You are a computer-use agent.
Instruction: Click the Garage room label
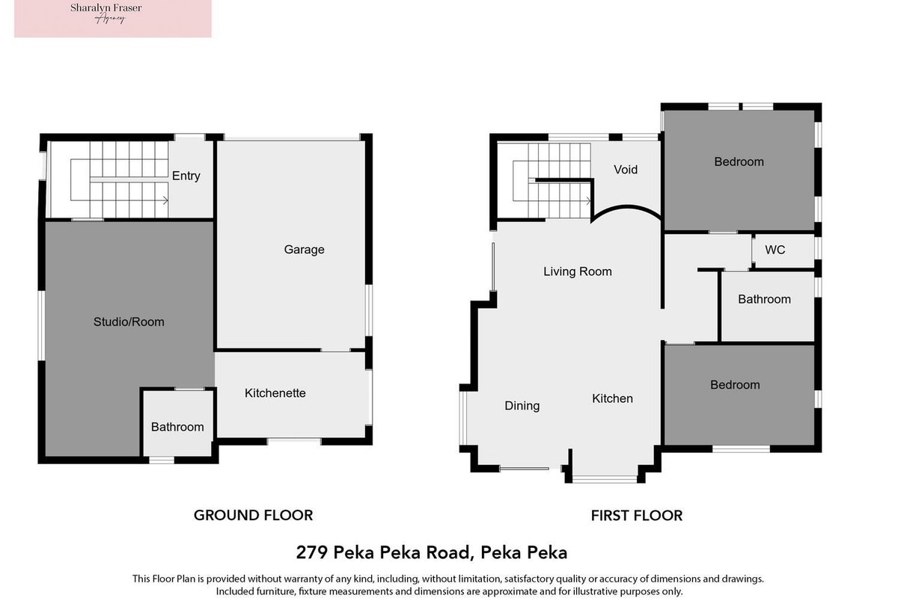click(x=304, y=250)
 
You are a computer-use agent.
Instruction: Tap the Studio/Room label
click(x=129, y=322)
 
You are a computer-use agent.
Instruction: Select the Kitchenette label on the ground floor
click(x=275, y=393)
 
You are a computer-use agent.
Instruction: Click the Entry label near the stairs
click(x=186, y=176)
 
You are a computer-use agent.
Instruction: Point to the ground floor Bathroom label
click(x=177, y=427)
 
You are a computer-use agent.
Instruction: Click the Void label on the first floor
click(x=626, y=170)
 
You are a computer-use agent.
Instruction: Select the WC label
click(x=775, y=250)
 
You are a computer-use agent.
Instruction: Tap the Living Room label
click(x=577, y=272)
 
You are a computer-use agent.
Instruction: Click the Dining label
click(x=522, y=406)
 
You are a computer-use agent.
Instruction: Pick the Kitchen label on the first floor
click(x=612, y=398)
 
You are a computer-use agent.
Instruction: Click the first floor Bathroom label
click(x=764, y=299)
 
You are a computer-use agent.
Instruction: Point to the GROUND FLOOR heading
click(x=254, y=515)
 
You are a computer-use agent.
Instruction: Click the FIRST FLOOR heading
click(x=637, y=516)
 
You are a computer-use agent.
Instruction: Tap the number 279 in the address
click(x=312, y=552)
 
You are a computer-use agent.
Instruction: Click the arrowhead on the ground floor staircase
click(x=165, y=200)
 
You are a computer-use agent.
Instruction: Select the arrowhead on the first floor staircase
click(x=588, y=200)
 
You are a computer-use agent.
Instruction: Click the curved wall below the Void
click(x=626, y=209)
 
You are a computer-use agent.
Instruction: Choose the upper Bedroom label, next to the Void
click(x=739, y=161)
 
